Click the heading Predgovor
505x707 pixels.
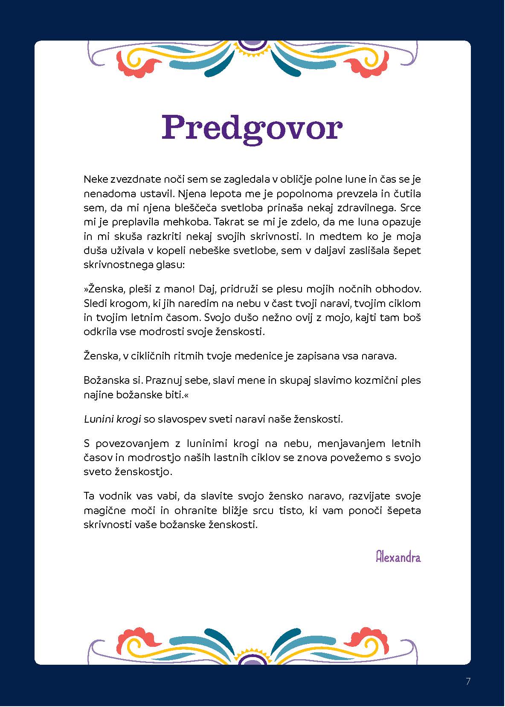click(x=252, y=127)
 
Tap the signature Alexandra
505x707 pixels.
click(x=398, y=557)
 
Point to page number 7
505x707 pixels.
click(x=468, y=681)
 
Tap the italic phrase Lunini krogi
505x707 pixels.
click(x=112, y=419)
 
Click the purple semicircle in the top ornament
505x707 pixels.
click(x=252, y=44)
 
